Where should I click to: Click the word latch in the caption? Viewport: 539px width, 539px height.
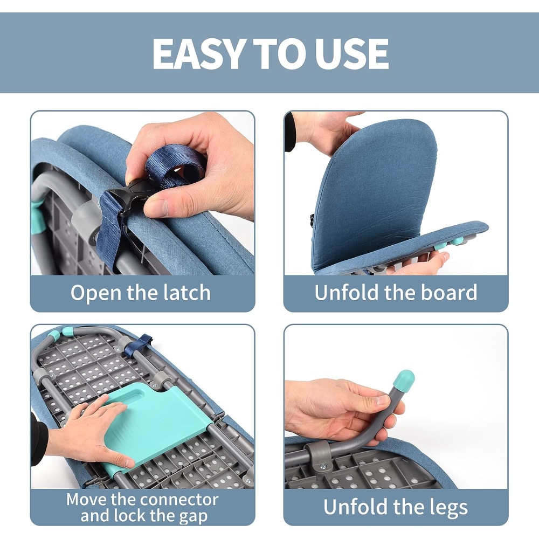tap(186, 293)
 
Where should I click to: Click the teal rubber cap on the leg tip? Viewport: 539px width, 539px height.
tap(405, 381)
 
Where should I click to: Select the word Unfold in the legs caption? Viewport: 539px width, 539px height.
tap(356, 507)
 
